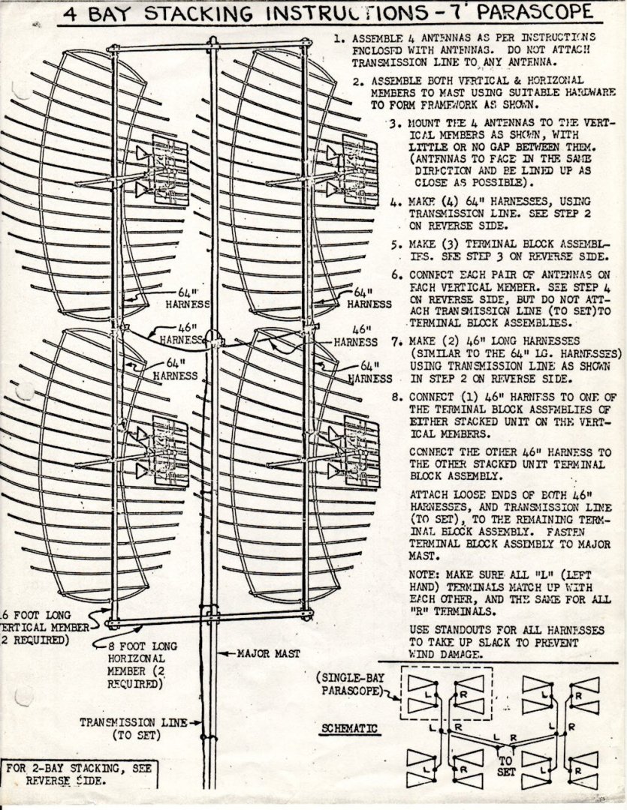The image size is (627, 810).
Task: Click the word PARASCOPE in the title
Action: click(541, 13)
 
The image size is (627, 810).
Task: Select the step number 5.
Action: click(394, 245)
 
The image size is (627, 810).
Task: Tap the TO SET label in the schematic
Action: click(506, 765)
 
